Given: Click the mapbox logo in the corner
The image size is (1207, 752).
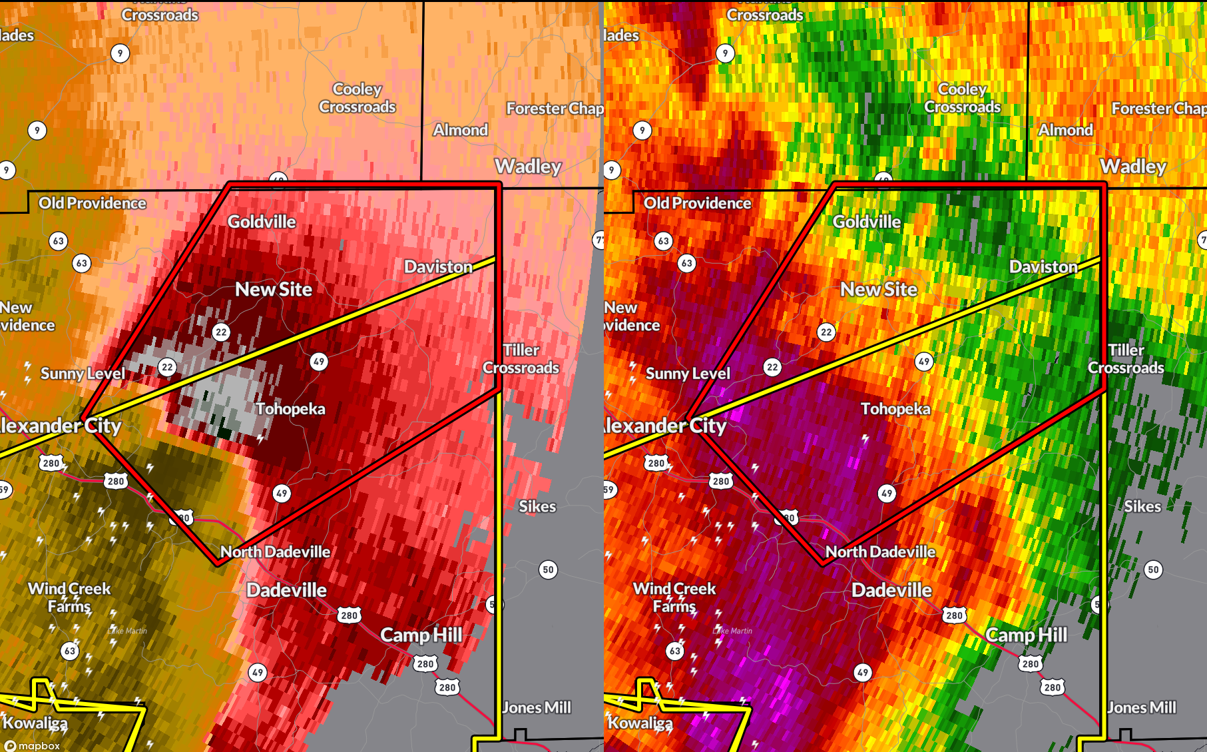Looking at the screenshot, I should [33, 746].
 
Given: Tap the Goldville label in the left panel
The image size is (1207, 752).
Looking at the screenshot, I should [262, 222].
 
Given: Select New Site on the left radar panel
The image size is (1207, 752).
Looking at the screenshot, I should [274, 290].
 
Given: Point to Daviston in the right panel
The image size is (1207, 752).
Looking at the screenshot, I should [1043, 267].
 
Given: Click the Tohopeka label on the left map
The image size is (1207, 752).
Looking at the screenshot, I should [290, 409].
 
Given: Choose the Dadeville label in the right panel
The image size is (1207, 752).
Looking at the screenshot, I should [891, 590].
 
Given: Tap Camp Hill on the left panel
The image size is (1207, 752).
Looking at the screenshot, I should [421, 635].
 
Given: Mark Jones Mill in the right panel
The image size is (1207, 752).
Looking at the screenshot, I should [1142, 707].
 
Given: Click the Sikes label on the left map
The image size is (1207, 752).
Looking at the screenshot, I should [537, 507].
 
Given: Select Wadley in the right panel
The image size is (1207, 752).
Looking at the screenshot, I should [1133, 167].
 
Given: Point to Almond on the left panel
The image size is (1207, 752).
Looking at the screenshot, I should [461, 131].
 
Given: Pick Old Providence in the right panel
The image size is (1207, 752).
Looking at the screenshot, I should [697, 203].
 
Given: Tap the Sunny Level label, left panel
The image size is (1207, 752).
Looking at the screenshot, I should [83, 374].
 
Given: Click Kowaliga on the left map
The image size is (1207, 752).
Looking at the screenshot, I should [35, 723].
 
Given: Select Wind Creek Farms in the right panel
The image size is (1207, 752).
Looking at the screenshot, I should [674, 597].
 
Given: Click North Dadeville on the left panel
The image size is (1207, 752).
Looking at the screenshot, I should [275, 552].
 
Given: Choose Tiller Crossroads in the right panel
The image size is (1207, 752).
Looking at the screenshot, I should [1126, 359].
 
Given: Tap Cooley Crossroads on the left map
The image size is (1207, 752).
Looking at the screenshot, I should [358, 98].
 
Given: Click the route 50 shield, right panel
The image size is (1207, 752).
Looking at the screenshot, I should [1153, 569].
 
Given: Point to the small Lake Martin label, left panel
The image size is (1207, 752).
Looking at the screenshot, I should [127, 631].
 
